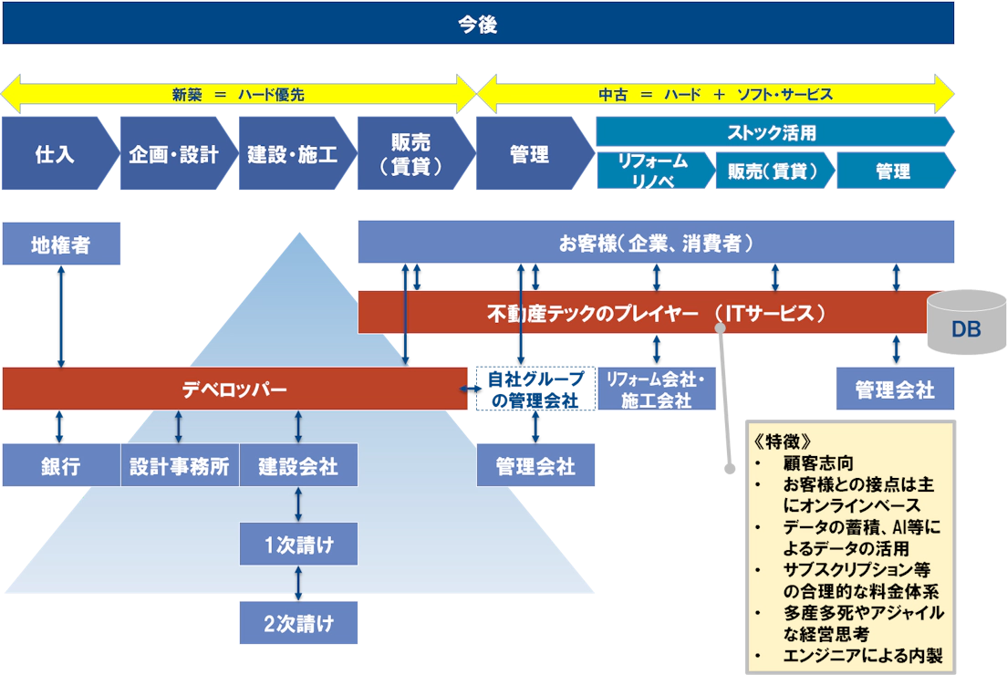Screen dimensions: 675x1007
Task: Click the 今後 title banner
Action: [x=477, y=24]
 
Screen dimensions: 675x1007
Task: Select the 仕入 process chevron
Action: [x=55, y=153]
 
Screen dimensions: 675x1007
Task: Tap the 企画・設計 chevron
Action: [x=172, y=153]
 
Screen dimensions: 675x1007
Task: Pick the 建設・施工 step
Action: [x=292, y=153]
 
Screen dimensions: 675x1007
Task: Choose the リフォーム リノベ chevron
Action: [x=652, y=171]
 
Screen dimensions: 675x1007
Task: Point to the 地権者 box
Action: [x=61, y=244]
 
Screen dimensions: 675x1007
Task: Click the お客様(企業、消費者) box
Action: [x=655, y=244]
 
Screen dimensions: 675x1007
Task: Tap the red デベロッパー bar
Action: [x=234, y=389]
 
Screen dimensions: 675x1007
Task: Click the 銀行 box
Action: [x=60, y=466]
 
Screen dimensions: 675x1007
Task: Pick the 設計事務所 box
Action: [x=179, y=466]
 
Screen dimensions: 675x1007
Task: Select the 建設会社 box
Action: [x=297, y=466]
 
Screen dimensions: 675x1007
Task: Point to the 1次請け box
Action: [x=297, y=545]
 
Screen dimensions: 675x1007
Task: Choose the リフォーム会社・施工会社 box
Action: [x=655, y=389]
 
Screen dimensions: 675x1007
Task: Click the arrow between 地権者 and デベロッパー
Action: [x=61, y=317]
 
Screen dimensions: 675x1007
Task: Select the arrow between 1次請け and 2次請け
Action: [x=298, y=584]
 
